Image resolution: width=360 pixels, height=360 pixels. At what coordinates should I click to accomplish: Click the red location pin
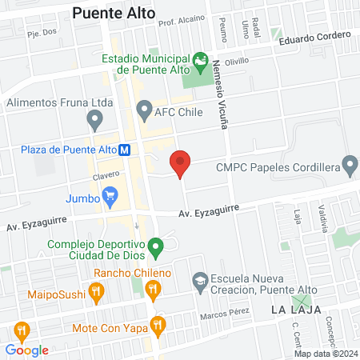click(181, 162)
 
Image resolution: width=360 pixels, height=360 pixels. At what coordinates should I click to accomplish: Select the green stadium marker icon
click(199, 61)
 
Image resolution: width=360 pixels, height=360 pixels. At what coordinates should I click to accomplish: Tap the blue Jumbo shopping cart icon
click(110, 195)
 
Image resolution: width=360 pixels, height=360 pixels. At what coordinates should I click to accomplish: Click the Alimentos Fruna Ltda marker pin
click(95, 120)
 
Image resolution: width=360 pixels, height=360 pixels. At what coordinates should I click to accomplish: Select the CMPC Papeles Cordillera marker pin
click(349, 166)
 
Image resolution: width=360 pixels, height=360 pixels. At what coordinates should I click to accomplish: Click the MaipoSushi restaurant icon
click(97, 294)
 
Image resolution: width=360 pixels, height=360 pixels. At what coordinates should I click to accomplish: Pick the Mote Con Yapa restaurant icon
click(158, 325)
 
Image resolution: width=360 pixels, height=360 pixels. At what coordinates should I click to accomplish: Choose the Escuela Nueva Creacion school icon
click(198, 281)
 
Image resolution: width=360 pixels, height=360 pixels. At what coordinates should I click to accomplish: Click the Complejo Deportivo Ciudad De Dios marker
click(158, 250)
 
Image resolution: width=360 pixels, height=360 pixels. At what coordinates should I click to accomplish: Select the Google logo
click(26, 350)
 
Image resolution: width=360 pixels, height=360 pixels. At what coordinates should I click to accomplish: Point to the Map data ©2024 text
click(324, 354)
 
